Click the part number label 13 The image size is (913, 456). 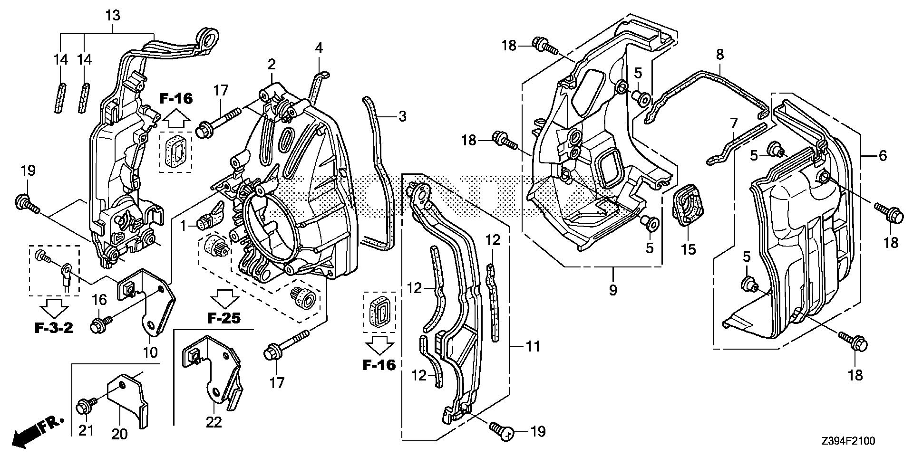tap(113, 16)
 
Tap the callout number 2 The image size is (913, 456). tap(272, 64)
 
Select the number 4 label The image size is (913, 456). tap(319, 48)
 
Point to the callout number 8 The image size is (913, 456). tap(720, 55)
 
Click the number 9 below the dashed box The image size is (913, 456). tap(613, 289)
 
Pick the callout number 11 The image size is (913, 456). tap(533, 346)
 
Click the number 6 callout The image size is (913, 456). tap(883, 155)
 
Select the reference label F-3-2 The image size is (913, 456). tap(54, 328)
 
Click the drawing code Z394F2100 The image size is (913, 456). tap(847, 442)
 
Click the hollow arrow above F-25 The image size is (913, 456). tap(226, 299)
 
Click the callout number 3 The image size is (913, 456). tap(402, 116)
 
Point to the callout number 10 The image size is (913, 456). tap(150, 352)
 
